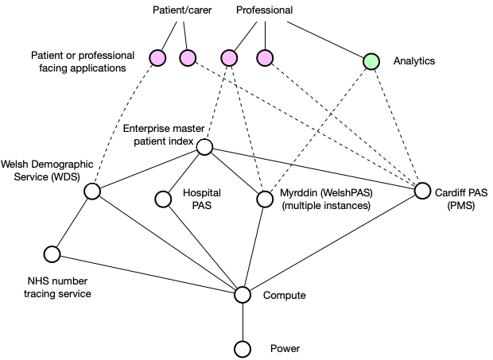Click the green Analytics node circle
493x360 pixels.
tap(371, 61)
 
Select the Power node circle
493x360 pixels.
tap(243, 349)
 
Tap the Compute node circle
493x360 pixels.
tap(243, 295)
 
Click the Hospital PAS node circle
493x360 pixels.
tap(164, 199)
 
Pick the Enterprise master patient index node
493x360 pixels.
tap(204, 147)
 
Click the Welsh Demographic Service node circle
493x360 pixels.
tap(92, 192)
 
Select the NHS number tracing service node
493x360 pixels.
tap(52, 254)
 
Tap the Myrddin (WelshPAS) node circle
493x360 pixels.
tap(265, 199)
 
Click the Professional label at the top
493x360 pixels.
tap(265, 11)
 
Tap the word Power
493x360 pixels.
tap(285, 349)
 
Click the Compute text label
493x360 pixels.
tap(285, 296)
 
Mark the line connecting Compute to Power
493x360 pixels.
tap(243, 322)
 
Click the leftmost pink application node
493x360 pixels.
tap(157, 58)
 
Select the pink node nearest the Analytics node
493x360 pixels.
tap(265, 58)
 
